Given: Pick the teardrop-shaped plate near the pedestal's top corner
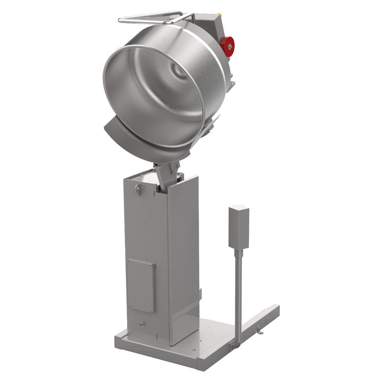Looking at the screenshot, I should (x=139, y=189).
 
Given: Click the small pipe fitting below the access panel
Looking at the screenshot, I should (x=141, y=323).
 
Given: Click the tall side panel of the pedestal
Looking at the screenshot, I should (x=184, y=259).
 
